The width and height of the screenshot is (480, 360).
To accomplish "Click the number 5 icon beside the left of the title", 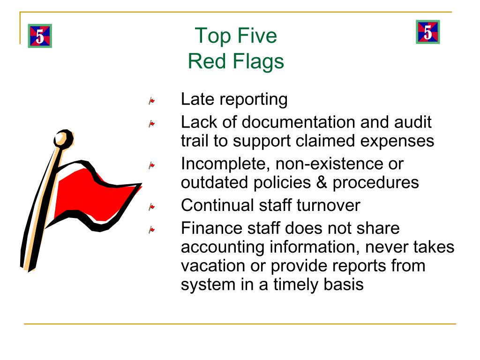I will coord(40,36).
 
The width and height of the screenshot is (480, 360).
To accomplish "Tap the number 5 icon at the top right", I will coord(427,32).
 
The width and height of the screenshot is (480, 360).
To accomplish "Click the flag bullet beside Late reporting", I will coord(152,100).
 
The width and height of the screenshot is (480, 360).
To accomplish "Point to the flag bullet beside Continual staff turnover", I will coord(152,206).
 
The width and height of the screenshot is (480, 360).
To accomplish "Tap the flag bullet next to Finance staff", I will coord(152,230).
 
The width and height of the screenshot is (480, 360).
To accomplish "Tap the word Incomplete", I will coord(225,164).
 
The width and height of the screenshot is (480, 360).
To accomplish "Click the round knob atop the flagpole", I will coord(63,139).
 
